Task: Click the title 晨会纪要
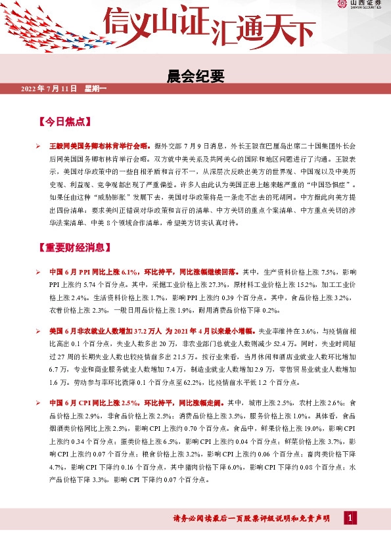[x=196, y=77]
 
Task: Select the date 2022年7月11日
[x=49, y=89]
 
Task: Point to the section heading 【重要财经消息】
[x=80, y=249]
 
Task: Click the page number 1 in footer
[x=351, y=519]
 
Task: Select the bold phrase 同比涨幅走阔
[x=197, y=403]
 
